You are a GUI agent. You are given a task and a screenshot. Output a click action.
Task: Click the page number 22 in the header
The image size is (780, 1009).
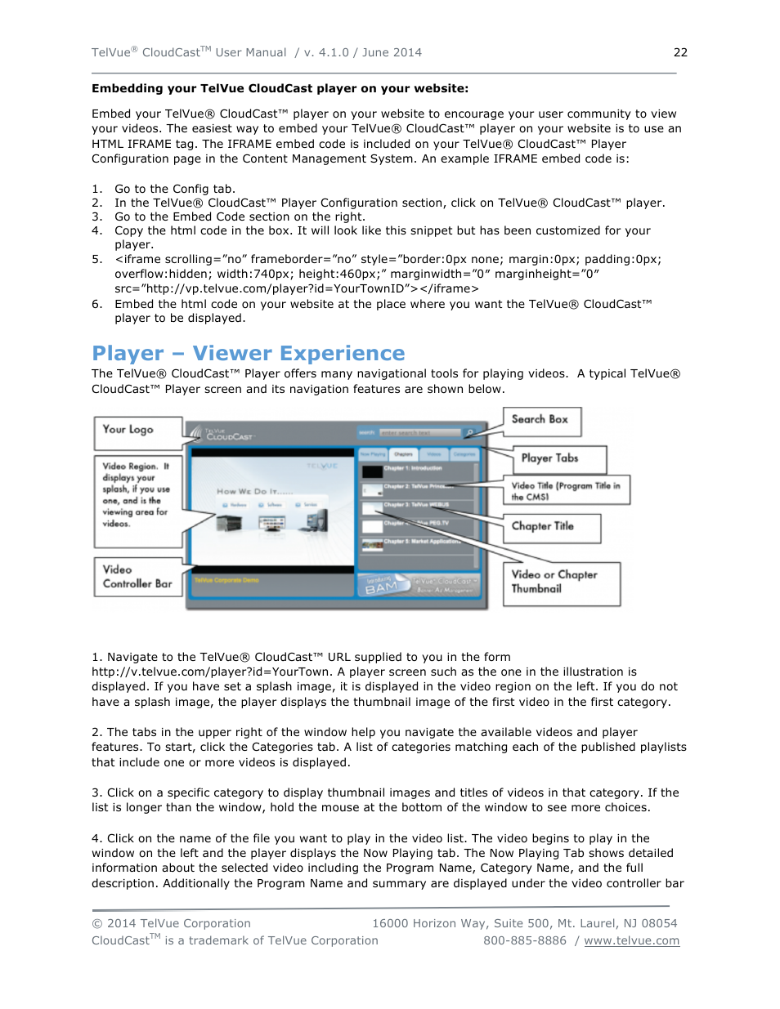click(680, 52)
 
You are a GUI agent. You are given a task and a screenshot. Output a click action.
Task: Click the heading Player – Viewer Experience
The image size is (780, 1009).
click(248, 353)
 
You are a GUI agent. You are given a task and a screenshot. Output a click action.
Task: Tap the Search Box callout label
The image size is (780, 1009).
click(540, 420)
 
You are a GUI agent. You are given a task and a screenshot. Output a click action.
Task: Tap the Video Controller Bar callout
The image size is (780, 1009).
click(137, 576)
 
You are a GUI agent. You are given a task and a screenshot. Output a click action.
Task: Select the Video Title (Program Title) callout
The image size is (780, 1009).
click(566, 490)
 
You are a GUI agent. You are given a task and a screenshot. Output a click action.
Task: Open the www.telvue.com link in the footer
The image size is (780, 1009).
click(631, 940)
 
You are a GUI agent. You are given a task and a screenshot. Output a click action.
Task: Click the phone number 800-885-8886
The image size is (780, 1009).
click(524, 940)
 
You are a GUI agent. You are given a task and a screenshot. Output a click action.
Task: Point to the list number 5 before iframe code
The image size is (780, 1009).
click(96, 259)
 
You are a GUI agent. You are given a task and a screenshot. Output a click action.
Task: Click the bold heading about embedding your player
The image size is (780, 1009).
click(280, 88)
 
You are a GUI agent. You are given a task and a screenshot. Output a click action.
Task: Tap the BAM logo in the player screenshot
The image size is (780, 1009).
click(381, 586)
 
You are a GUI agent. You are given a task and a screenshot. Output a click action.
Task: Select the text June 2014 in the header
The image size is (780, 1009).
click(392, 52)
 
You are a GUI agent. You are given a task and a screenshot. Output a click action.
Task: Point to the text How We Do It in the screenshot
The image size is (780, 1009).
click(254, 492)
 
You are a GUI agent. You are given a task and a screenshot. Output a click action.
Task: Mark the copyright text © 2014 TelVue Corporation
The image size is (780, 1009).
click(171, 923)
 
